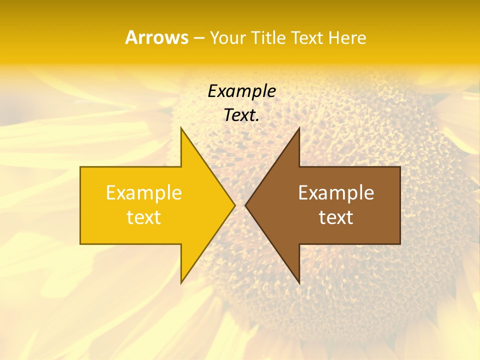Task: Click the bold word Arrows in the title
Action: (x=156, y=37)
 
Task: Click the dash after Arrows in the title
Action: (x=198, y=38)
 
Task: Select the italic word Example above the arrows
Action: (x=241, y=91)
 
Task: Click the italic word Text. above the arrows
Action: (x=241, y=115)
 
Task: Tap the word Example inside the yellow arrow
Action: (x=144, y=193)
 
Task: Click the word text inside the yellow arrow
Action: (x=144, y=217)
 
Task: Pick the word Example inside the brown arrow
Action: (x=336, y=193)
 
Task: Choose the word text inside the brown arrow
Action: (x=336, y=217)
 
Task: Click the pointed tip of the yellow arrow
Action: (x=235, y=205)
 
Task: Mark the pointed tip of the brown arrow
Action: (x=245, y=205)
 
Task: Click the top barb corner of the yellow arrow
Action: (x=181, y=127)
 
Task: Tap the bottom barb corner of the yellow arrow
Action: (x=181, y=283)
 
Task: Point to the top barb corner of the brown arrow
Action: (x=299, y=127)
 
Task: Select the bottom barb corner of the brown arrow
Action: (x=299, y=283)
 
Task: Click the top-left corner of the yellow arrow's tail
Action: (x=80, y=167)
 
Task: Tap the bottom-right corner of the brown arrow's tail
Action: (x=400, y=244)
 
